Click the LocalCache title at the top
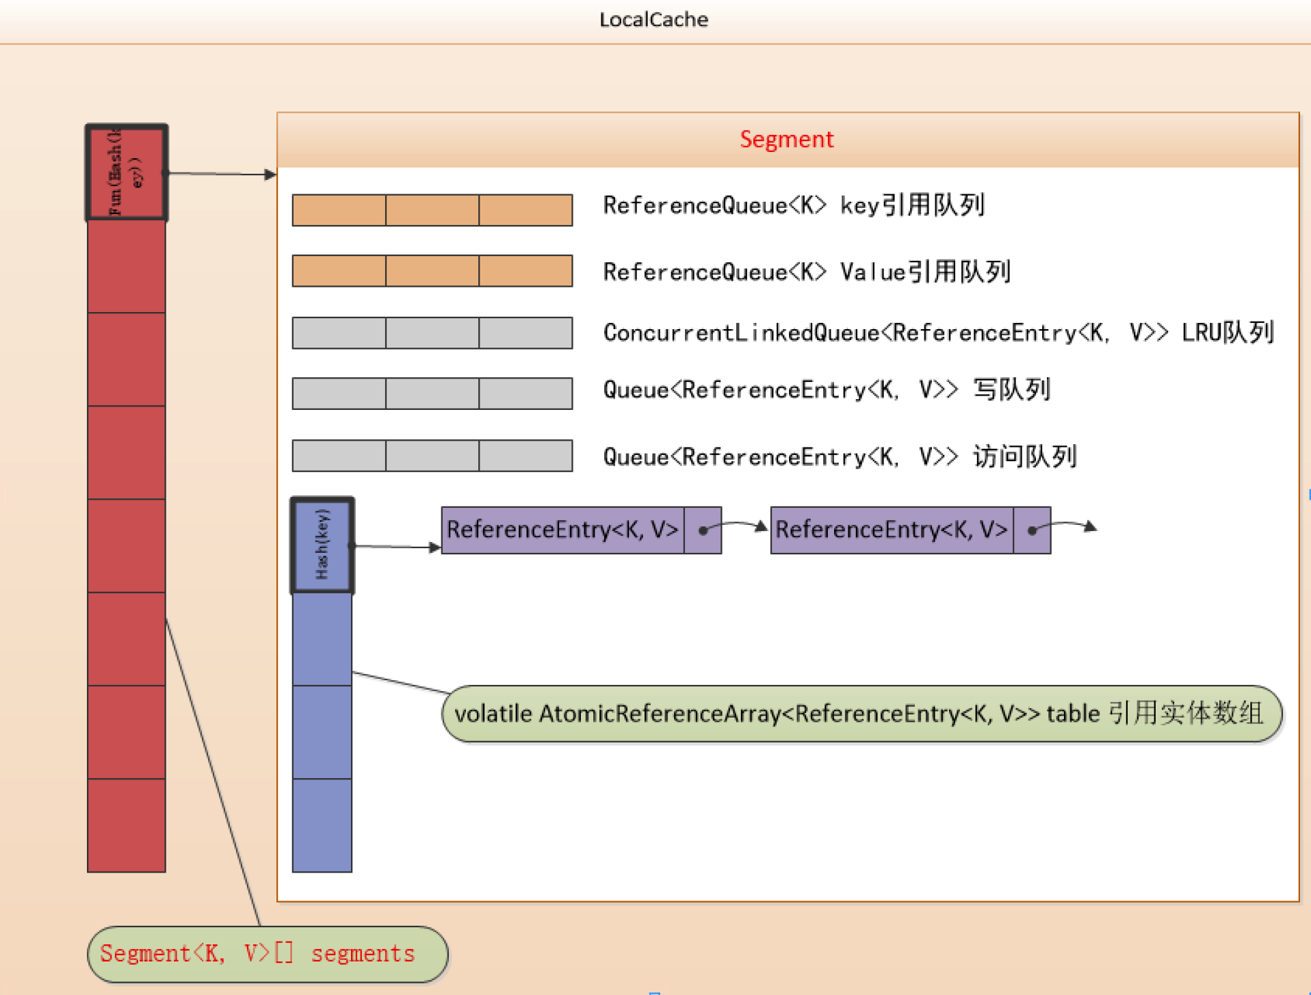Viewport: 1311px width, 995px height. (653, 19)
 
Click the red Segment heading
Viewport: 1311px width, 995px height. (786, 139)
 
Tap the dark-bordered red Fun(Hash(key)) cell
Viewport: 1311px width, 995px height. (127, 172)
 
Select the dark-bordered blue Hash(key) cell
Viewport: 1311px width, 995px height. (322, 545)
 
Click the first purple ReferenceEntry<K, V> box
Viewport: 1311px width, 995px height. (562, 530)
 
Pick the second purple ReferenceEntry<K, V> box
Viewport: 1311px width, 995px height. (892, 530)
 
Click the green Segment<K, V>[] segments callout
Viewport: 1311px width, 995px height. (267, 954)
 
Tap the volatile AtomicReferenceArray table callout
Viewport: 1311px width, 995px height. (861, 714)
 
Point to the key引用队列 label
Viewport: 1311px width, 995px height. (794, 205)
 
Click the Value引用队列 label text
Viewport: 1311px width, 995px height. (807, 272)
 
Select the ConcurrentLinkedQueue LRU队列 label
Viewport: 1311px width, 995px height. (937, 333)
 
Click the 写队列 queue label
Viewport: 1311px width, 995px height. (827, 390)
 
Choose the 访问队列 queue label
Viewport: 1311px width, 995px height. (840, 456)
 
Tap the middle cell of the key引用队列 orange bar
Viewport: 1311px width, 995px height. (432, 210)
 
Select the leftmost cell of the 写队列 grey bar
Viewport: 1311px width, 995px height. (339, 393)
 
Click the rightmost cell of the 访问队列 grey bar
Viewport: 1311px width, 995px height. (525, 456)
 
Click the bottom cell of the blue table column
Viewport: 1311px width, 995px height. (322, 825)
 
